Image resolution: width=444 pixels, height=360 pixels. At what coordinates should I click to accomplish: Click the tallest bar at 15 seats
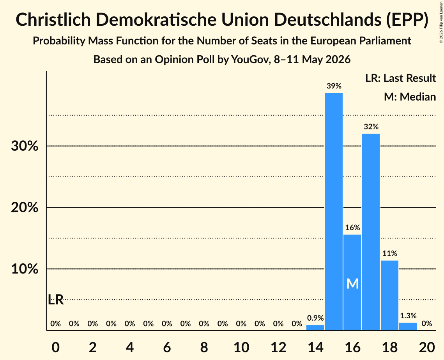(x=334, y=212)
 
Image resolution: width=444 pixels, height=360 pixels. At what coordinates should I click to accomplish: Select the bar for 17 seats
(x=371, y=232)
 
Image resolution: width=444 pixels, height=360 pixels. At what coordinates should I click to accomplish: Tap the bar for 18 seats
(x=390, y=295)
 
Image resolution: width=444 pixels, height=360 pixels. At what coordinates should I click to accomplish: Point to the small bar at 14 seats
(x=315, y=327)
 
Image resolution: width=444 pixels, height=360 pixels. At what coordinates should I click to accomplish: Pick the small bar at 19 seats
(x=408, y=326)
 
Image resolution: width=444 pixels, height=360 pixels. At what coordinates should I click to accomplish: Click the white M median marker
(x=352, y=284)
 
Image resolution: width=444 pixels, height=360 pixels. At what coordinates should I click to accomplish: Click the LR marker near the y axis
(x=55, y=300)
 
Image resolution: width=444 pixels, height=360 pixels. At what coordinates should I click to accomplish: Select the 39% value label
(x=334, y=86)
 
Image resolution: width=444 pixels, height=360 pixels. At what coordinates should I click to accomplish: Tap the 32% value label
(x=371, y=127)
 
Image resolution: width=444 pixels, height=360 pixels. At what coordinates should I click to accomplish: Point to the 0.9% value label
(x=315, y=318)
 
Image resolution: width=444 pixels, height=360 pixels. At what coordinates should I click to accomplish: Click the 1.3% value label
(x=408, y=316)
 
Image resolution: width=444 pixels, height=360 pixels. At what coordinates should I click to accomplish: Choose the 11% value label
(x=390, y=253)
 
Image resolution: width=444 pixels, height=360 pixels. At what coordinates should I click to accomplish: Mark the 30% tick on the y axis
(x=25, y=146)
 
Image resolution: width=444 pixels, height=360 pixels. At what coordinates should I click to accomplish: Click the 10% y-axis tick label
(x=25, y=269)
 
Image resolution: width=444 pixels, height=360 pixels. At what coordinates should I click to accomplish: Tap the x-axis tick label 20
(x=427, y=347)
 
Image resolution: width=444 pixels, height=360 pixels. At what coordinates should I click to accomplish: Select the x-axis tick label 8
(x=204, y=347)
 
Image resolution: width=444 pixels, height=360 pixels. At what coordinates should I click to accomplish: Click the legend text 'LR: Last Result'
(x=400, y=78)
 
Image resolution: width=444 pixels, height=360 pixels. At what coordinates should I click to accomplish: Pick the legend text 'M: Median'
(x=410, y=97)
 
